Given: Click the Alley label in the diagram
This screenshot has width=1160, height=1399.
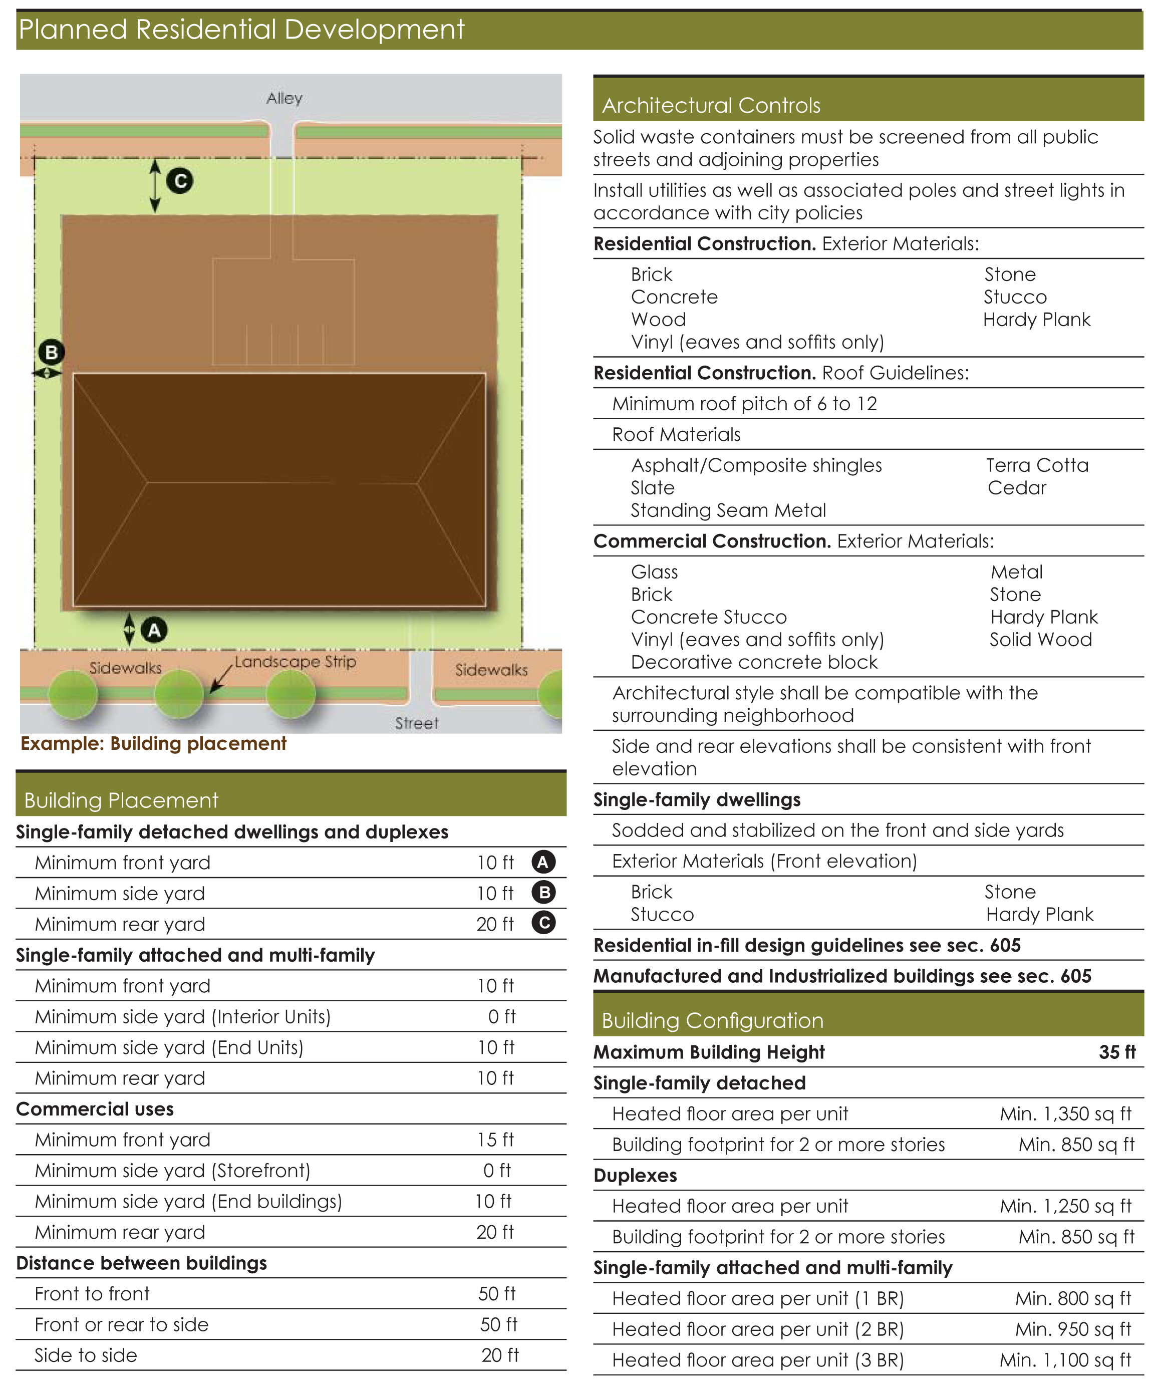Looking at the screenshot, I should [x=284, y=99].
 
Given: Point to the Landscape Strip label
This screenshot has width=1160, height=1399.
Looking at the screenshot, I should [x=295, y=662].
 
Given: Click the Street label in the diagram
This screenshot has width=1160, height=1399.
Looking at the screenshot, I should [x=416, y=723].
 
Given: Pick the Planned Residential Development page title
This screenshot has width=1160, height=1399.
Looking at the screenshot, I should [x=241, y=30].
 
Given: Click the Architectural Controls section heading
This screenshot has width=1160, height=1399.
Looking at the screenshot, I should [x=711, y=105].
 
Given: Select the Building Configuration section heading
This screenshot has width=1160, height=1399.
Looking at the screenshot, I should [x=712, y=1021].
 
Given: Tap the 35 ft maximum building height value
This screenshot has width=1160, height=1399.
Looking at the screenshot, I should [x=1117, y=1052].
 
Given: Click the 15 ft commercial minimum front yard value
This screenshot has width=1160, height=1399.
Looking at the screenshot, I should [x=495, y=1140].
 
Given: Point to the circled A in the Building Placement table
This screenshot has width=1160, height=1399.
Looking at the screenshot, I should [x=543, y=862].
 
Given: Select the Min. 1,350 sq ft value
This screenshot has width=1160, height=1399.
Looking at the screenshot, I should [x=1065, y=1114].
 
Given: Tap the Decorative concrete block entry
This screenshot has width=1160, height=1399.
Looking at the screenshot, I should [x=754, y=662].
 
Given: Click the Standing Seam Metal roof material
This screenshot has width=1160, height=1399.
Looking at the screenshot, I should [x=728, y=510].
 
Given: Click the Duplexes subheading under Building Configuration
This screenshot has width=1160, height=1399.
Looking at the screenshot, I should [x=635, y=1175].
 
